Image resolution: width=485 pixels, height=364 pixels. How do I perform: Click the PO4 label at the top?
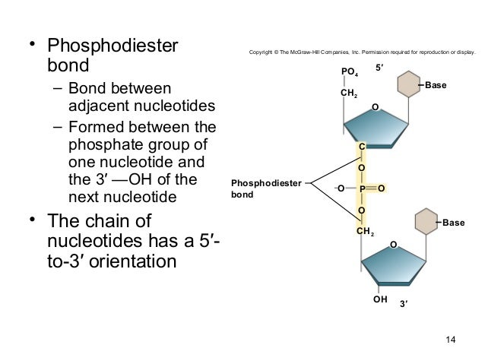click(350, 72)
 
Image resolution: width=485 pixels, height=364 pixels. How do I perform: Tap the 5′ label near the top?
click(381, 68)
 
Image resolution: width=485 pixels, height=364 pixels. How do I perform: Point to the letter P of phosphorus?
click(362, 188)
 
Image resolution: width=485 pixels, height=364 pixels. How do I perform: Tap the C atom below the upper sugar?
click(362, 146)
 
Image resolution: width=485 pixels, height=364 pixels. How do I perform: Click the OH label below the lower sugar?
click(380, 300)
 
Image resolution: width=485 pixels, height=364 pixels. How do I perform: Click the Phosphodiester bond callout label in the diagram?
click(265, 188)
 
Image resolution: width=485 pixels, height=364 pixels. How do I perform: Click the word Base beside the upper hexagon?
click(436, 85)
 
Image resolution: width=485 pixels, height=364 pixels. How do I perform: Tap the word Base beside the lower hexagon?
click(453, 223)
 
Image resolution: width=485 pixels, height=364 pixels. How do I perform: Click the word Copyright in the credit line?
click(263, 53)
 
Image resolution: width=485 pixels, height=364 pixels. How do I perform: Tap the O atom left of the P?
click(341, 188)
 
